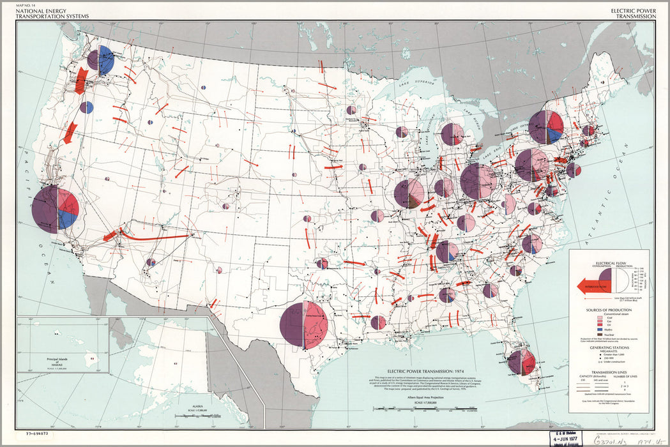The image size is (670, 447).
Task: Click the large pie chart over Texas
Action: [304, 325]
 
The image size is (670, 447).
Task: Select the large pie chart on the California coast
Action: [56, 209]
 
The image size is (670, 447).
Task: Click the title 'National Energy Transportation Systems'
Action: [45, 13]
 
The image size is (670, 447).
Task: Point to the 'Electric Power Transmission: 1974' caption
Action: [415, 371]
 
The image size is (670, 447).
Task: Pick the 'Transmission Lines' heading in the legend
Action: [611, 372]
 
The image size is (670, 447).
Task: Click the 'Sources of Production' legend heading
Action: [611, 310]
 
